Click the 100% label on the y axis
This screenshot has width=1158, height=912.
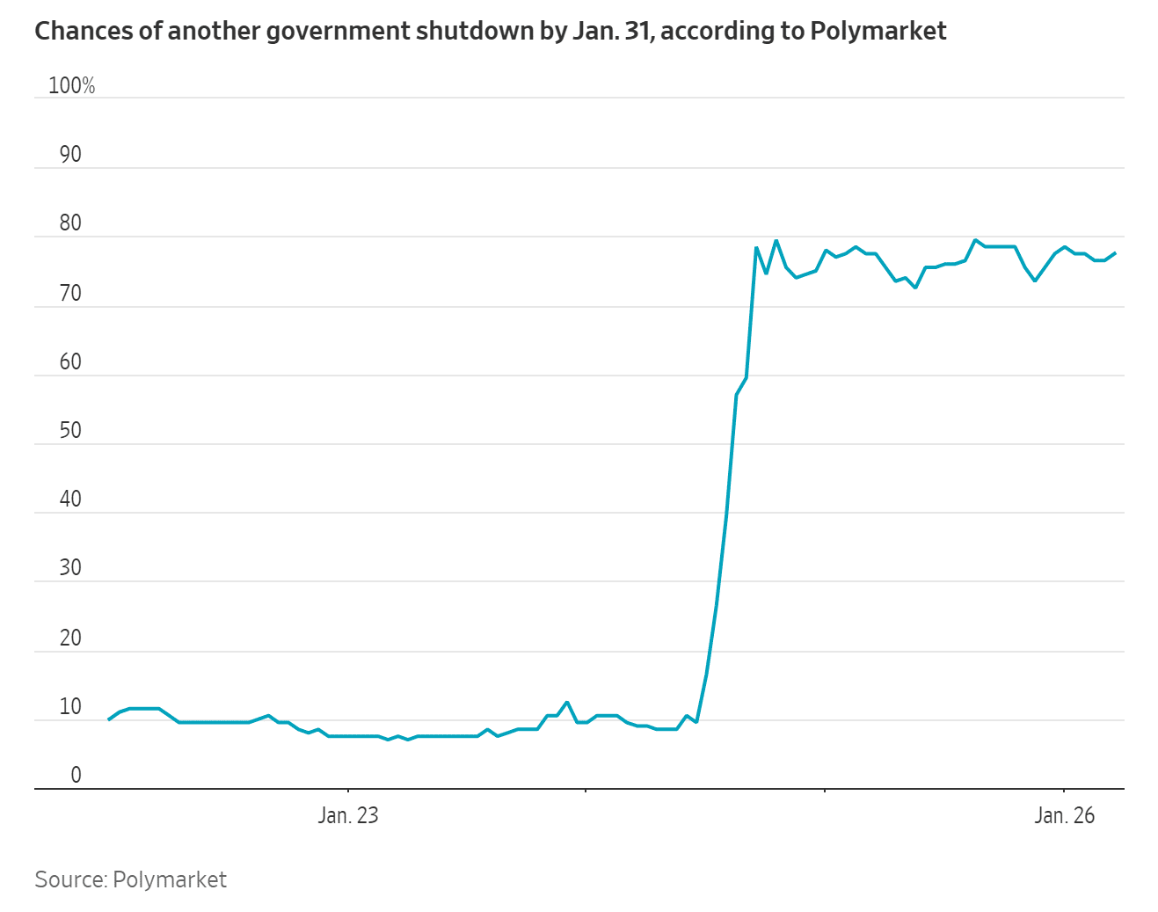tap(71, 85)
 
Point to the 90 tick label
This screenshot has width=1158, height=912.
tap(70, 155)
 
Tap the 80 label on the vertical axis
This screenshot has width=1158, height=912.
tap(70, 223)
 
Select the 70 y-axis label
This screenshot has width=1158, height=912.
tap(70, 293)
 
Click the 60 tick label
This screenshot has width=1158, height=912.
tap(70, 361)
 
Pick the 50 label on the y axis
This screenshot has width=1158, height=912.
tap(70, 430)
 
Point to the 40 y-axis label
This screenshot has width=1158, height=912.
tap(70, 499)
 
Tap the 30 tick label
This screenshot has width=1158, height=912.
tap(70, 567)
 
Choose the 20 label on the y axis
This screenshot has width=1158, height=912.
tap(70, 637)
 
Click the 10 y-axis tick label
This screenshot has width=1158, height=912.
tap(70, 706)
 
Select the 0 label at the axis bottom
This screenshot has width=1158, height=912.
tap(76, 775)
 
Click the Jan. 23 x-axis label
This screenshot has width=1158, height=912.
tap(348, 815)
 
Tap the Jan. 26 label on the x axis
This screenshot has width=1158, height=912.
tap(1064, 815)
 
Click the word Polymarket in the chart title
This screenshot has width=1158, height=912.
tap(878, 32)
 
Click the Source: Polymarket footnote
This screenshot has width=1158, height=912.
tap(130, 879)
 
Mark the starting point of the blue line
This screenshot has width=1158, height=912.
tap(108, 719)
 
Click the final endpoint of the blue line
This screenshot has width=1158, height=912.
tap(1115, 253)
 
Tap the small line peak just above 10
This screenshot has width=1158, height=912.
tap(567, 702)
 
